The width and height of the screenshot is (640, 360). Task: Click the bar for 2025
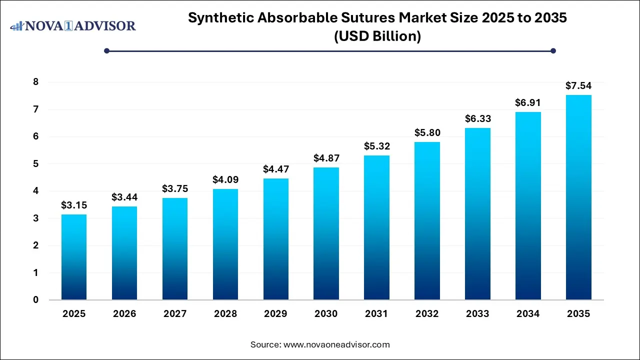click(74, 257)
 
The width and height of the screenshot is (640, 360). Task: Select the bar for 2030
click(326, 233)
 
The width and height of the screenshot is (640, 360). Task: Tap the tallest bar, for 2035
click(578, 197)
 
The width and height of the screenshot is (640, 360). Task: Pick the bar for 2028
click(225, 244)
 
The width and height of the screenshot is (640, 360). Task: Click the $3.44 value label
click(124, 197)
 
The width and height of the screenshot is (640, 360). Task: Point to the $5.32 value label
click(376, 146)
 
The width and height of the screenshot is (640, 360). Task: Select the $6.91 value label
click(528, 102)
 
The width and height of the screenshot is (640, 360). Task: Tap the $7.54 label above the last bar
click(578, 85)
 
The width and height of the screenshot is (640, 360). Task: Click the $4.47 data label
click(276, 169)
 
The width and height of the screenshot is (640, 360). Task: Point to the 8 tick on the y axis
click(36, 82)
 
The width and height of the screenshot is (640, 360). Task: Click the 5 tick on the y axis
click(36, 164)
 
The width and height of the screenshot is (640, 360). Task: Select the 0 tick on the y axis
click(36, 300)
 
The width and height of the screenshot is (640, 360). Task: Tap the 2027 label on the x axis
click(175, 314)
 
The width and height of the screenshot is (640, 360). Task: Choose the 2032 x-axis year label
click(427, 314)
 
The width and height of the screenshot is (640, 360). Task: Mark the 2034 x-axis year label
click(528, 314)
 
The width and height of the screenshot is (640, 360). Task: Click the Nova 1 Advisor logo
click(73, 25)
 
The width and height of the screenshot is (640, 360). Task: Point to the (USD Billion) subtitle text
click(377, 36)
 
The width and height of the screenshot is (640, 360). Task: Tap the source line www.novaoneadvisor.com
click(336, 344)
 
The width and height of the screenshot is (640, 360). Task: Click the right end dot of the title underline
click(553, 50)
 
